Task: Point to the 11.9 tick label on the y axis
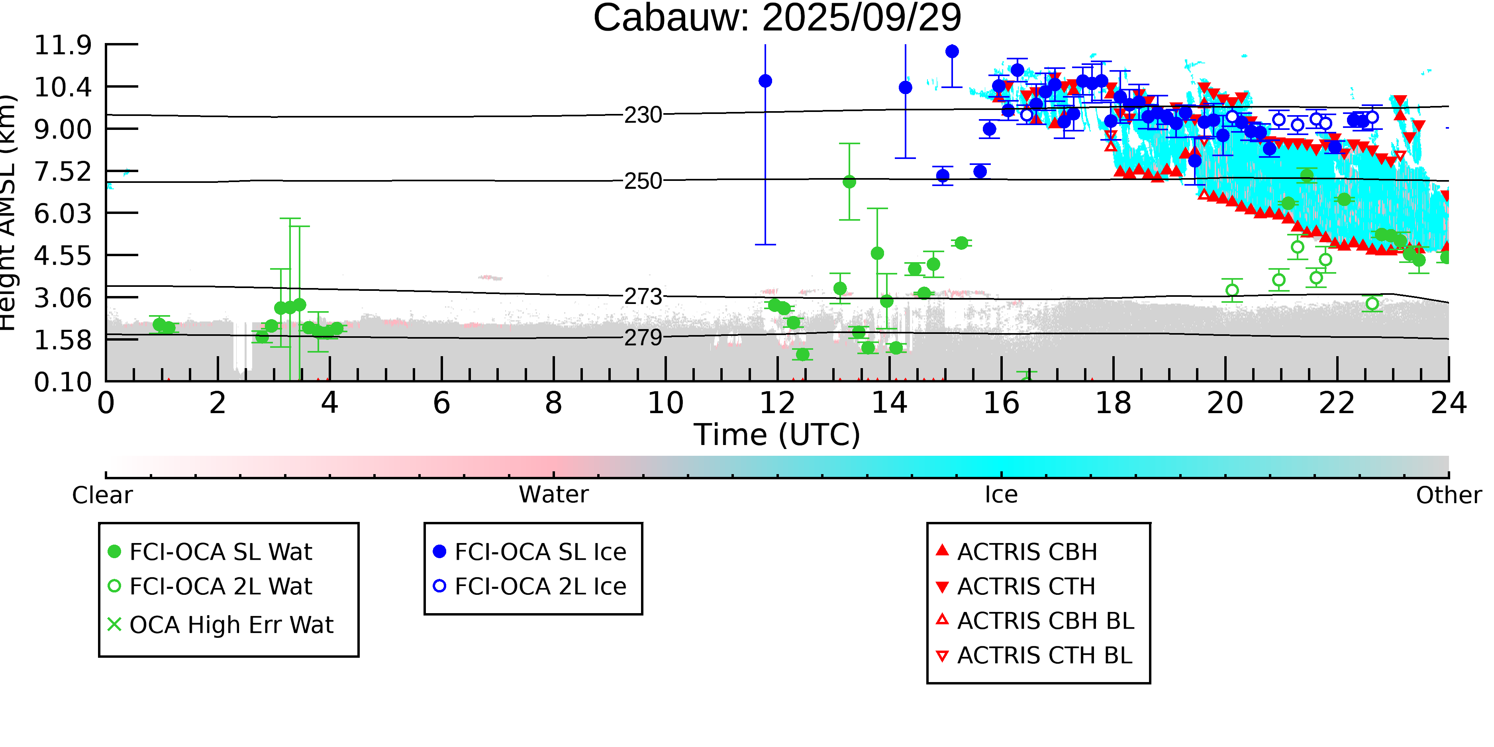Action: coord(63,45)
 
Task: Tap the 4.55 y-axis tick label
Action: coord(63,256)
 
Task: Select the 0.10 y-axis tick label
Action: coord(63,382)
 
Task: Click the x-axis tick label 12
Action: coord(777,403)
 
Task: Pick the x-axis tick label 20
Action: coord(1225,403)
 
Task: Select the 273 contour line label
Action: coord(643,297)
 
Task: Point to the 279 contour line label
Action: coord(643,337)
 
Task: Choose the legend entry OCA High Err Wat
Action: coord(231,625)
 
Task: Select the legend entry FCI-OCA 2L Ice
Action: coord(540,586)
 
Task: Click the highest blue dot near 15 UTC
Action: coord(952,52)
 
